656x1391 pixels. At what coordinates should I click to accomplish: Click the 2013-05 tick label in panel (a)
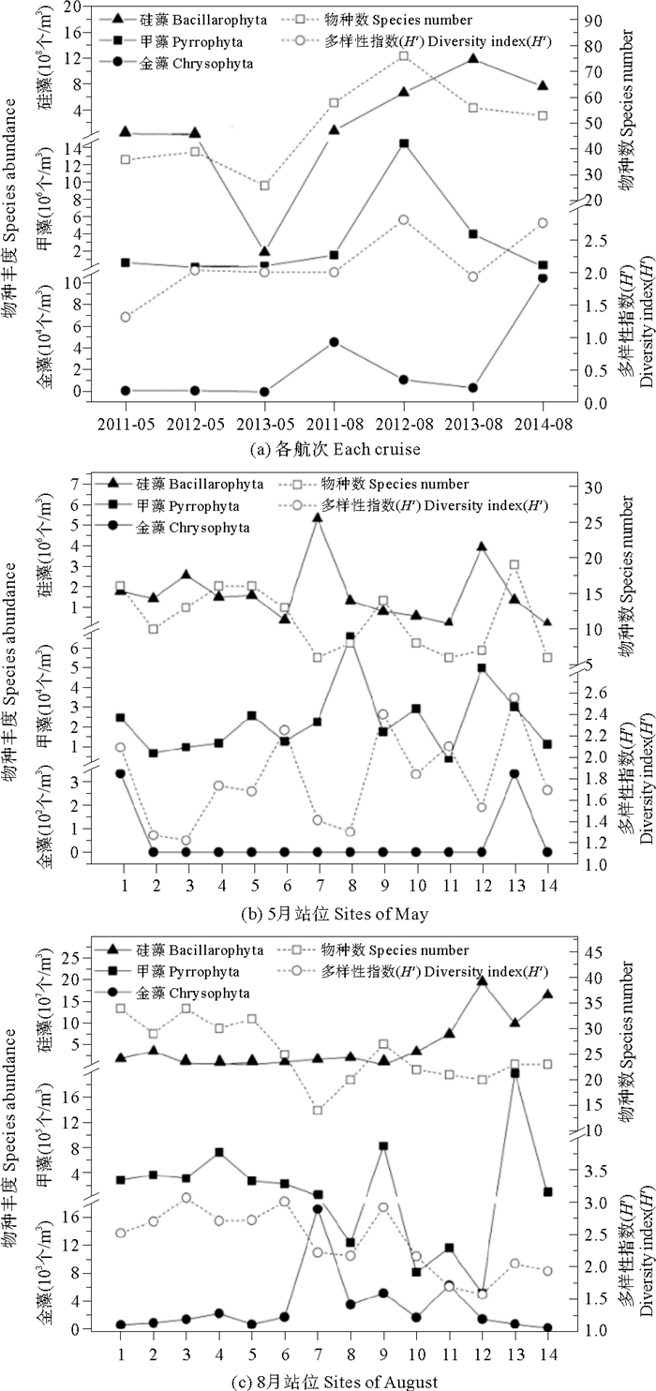(264, 424)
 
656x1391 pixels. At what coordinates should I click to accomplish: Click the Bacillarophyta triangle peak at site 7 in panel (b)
(317, 517)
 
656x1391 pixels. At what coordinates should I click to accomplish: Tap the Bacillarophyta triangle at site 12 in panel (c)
(482, 980)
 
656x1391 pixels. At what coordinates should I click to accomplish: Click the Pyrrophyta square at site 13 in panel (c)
(514, 1072)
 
